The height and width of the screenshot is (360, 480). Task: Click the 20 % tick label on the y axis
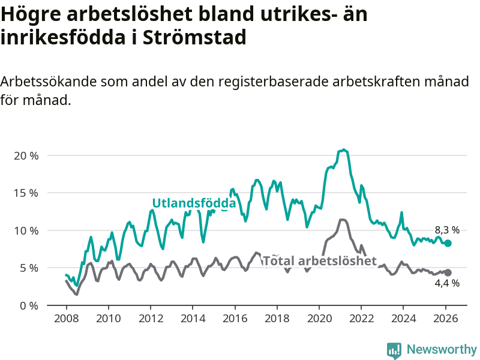tap(26, 155)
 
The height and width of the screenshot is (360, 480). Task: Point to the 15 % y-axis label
tap(26, 193)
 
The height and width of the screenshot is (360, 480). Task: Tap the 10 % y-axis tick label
tap(26, 230)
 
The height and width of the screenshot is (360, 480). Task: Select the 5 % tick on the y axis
tap(28, 268)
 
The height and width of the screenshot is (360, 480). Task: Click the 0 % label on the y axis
tap(28, 305)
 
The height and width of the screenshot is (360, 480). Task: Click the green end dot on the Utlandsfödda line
tap(448, 243)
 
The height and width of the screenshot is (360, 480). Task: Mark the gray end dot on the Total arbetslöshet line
tap(448, 272)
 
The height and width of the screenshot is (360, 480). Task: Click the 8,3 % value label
tap(447, 230)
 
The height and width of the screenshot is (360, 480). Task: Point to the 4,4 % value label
tap(447, 283)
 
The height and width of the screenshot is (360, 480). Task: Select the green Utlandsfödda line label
tap(194, 203)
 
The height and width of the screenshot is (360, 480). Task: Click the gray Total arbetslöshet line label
tap(320, 260)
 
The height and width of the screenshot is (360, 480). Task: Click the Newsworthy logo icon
tap(394, 349)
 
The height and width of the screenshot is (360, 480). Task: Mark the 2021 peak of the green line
tap(343, 149)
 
